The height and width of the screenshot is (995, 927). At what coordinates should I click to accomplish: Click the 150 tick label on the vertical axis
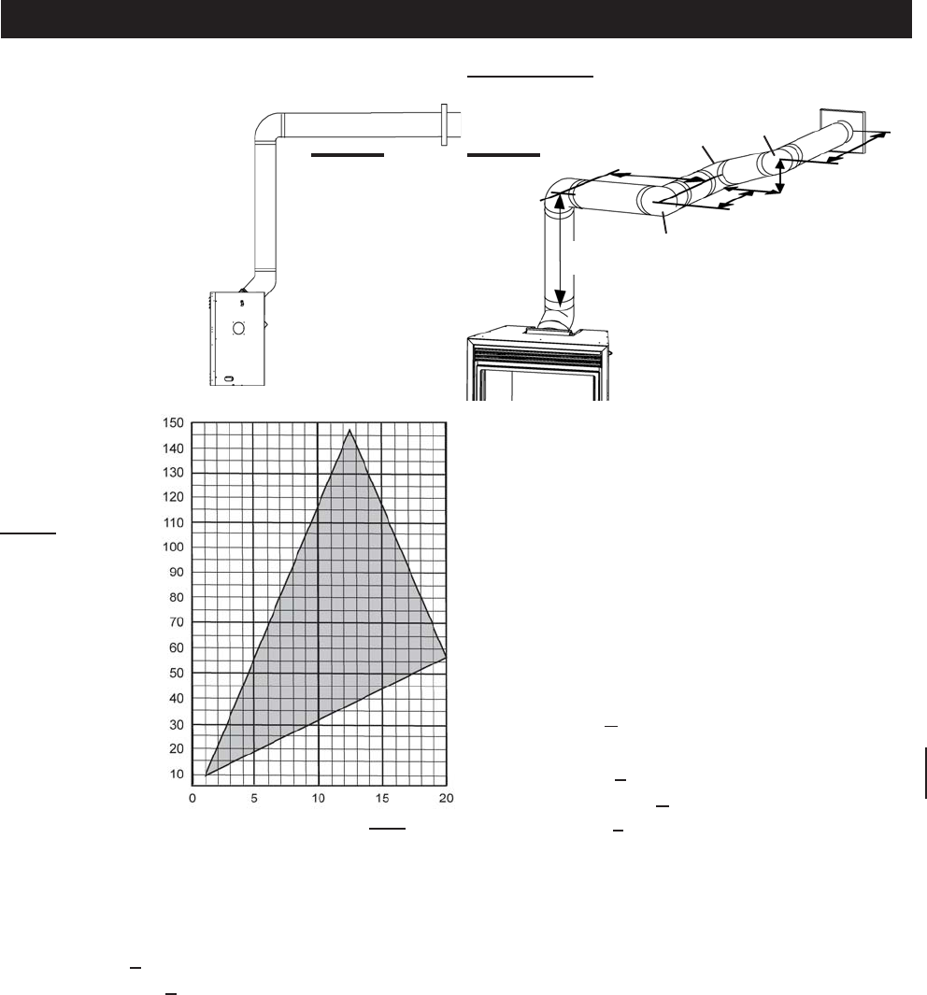pyautogui.click(x=173, y=422)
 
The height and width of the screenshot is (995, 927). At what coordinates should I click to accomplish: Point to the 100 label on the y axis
pyautogui.click(x=173, y=547)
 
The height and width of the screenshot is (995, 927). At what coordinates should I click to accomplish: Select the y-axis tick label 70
pyautogui.click(x=177, y=622)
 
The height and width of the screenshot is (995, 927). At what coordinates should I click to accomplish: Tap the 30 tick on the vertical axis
pyautogui.click(x=177, y=724)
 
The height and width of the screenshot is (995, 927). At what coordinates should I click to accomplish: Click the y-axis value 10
pyautogui.click(x=177, y=774)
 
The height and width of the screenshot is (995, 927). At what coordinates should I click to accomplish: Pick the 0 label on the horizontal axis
pyautogui.click(x=193, y=798)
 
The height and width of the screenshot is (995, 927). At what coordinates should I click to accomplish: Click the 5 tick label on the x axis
pyautogui.click(x=254, y=798)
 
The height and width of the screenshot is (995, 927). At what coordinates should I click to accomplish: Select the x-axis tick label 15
pyautogui.click(x=381, y=798)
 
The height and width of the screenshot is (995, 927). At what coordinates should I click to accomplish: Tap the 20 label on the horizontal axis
pyautogui.click(x=446, y=798)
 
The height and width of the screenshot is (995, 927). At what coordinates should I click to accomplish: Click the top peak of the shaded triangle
pyautogui.click(x=349, y=430)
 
